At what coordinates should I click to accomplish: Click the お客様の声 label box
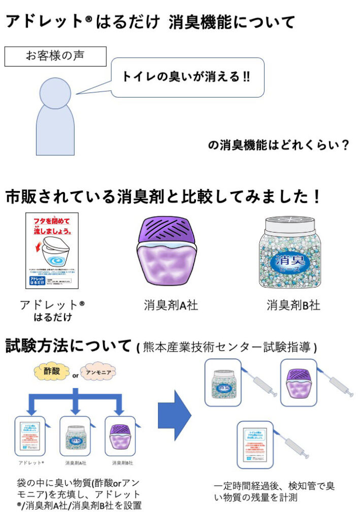[x=56, y=56]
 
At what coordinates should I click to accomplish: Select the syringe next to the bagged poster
[x=291, y=446]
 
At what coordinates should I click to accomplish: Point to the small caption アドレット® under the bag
[x=31, y=464]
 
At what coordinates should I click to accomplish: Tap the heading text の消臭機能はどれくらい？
[x=279, y=146]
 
